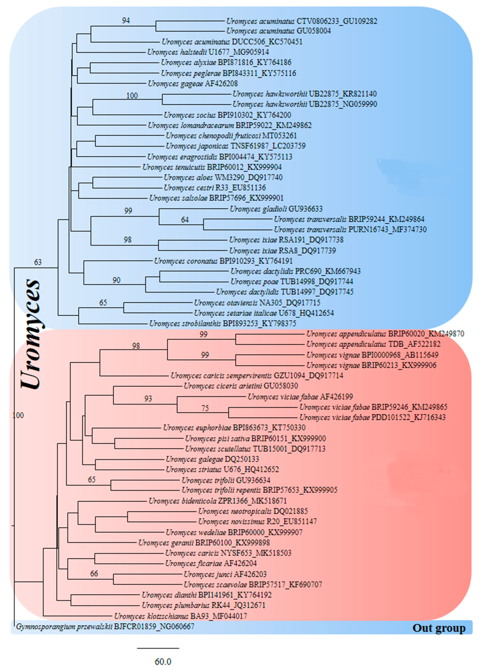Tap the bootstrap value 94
pos(126,20)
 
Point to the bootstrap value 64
pos(185,220)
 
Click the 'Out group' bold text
pos(439,628)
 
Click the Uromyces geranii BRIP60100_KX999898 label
pos(204,543)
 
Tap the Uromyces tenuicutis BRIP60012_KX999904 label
pos(212,167)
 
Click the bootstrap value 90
pos(116,280)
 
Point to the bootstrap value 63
pos(38,262)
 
